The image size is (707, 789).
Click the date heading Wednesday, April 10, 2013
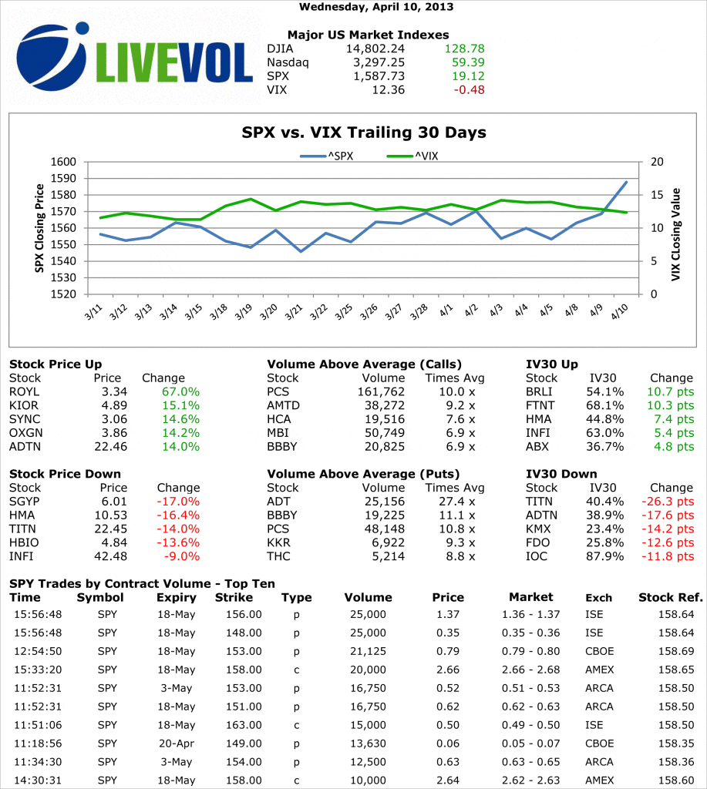[x=375, y=7]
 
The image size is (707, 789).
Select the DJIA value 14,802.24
[x=374, y=49]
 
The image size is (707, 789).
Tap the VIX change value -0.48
[x=470, y=90]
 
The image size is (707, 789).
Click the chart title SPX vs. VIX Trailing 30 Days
[x=364, y=133]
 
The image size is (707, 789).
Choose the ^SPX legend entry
[x=327, y=156]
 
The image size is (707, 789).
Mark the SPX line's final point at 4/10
[x=627, y=182]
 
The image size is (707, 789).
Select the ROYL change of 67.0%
[x=180, y=391]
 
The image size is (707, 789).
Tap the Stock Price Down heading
[x=65, y=474]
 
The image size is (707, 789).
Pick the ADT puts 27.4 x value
[x=462, y=502]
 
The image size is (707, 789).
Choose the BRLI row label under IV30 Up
[x=538, y=391]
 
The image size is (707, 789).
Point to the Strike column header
[x=234, y=597]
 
